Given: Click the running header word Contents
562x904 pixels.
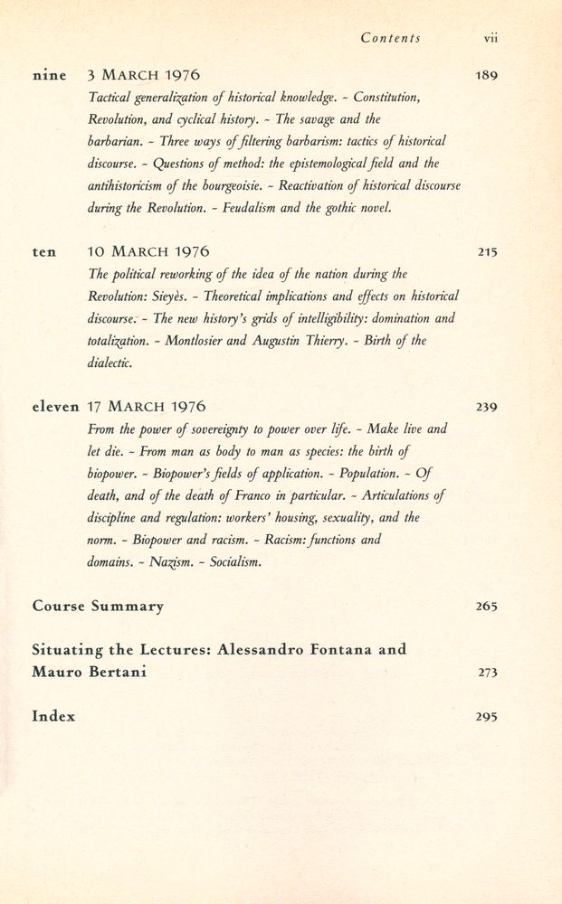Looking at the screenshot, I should tap(390, 38).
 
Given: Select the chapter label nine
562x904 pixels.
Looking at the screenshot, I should tap(50, 75).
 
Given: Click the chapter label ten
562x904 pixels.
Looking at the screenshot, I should tap(43, 252).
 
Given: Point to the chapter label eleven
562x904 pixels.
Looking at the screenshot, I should tap(56, 407).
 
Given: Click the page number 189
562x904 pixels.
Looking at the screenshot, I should tap(486, 75).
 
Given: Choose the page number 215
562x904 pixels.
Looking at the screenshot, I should tap(487, 252).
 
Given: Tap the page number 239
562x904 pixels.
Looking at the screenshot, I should tap(487, 407).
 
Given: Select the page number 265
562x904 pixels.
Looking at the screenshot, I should tap(487, 606).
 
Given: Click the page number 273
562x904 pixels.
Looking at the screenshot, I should tap(487, 673).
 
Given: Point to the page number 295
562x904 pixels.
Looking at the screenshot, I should tap(487, 717).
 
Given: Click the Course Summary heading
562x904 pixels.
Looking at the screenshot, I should tap(98, 606).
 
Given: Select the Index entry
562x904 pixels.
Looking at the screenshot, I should tap(53, 716).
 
